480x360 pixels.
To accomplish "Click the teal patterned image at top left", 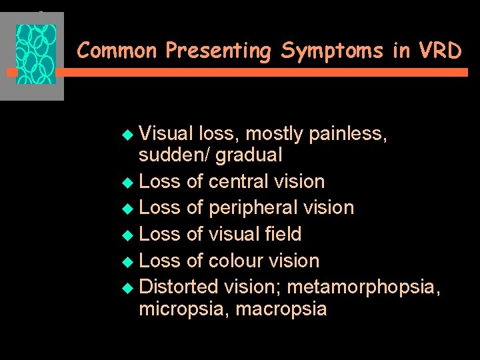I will pos(36,55).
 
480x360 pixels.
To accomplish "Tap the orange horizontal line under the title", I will pos(267,73).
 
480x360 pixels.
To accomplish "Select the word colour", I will pos(236,261).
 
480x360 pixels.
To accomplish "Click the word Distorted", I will pos(179,287).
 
